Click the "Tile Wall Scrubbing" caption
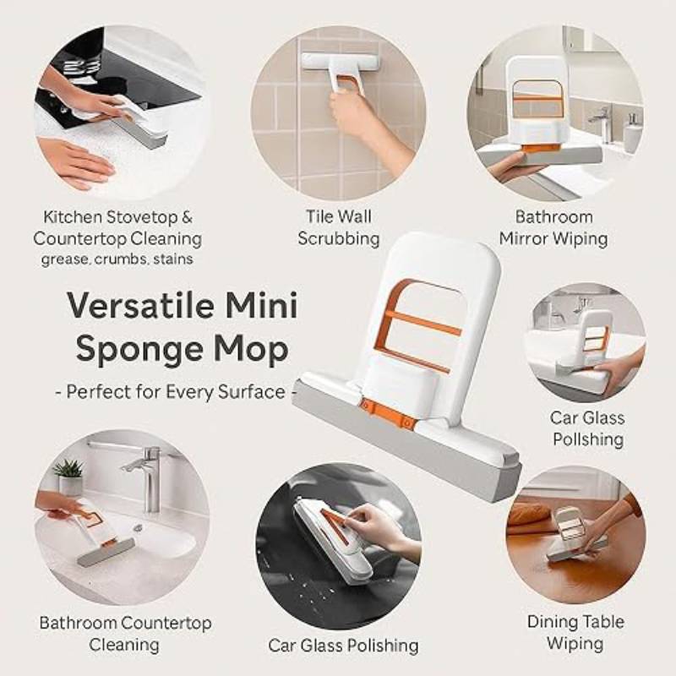tap(338, 227)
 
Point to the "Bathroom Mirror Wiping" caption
tap(553, 227)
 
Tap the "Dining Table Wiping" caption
tap(575, 632)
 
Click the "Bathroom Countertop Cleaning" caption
tap(124, 634)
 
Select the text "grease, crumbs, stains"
tap(117, 259)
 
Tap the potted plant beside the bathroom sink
tap(69, 476)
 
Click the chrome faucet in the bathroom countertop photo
tap(145, 474)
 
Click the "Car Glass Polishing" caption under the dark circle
tap(343, 646)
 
